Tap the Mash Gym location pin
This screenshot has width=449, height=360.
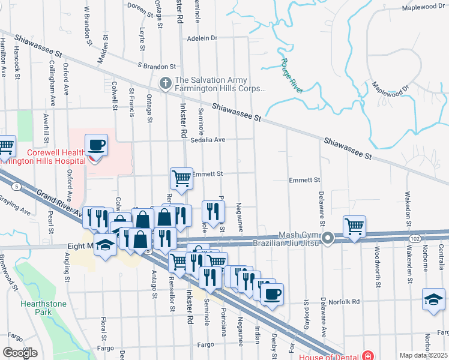pyautogui.click(x=328, y=239)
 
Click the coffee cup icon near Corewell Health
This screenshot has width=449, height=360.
pyautogui.click(x=96, y=145)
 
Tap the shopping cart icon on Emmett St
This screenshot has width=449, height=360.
pyautogui.click(x=181, y=178)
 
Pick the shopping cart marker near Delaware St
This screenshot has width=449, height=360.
pyautogui.click(x=354, y=227)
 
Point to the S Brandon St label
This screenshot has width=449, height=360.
pyautogui.click(x=157, y=66)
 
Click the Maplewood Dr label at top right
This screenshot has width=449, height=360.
pyautogui.click(x=423, y=7)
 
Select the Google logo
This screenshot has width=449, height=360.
pyautogui.click(x=19, y=352)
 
